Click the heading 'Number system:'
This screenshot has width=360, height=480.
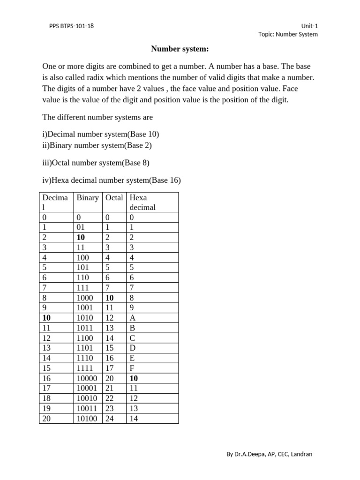click(x=180, y=49)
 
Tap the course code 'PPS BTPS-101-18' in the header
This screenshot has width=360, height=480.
click(x=71, y=26)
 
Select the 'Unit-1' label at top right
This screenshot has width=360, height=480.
click(x=310, y=26)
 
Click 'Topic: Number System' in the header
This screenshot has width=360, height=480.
click(x=288, y=34)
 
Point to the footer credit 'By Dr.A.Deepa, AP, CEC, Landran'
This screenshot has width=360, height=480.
click(x=270, y=454)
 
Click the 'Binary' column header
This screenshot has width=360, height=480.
click(x=88, y=198)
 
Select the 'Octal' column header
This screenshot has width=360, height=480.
click(x=114, y=198)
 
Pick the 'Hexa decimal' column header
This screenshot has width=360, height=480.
click(x=142, y=202)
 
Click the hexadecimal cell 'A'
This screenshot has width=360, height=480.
click(x=133, y=318)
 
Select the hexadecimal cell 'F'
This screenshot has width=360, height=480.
click(x=132, y=368)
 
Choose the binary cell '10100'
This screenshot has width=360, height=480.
click(x=87, y=419)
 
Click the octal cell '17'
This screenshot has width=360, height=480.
click(x=110, y=368)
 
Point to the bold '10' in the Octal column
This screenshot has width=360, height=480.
click(x=110, y=297)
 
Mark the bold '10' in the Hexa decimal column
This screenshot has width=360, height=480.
click(x=134, y=378)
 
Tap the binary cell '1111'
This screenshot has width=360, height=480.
click(x=85, y=368)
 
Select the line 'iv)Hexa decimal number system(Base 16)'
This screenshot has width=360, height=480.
click(x=112, y=180)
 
